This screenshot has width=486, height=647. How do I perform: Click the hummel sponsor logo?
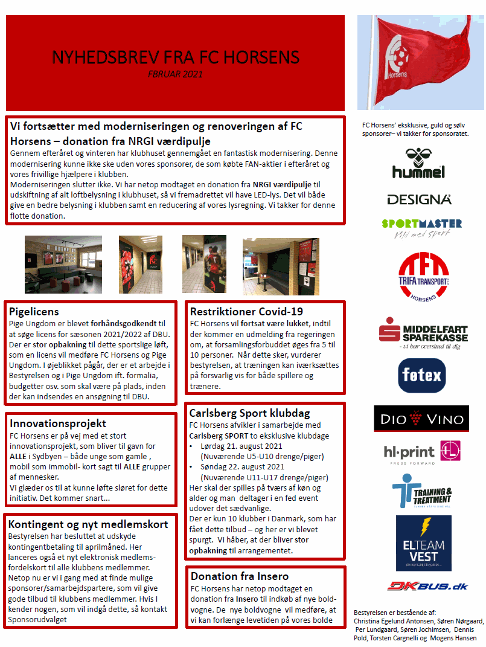(418, 164)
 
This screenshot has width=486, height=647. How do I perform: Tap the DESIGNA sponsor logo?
(419, 199)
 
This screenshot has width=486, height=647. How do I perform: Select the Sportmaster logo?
(421, 228)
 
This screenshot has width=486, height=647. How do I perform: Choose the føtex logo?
(421, 376)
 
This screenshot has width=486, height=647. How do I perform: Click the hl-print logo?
(421, 452)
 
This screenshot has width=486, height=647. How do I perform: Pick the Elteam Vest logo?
(423, 542)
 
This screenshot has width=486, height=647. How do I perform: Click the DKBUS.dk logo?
(419, 585)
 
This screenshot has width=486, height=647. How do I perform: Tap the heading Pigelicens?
(34, 312)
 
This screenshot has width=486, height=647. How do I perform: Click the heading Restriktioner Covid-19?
(246, 312)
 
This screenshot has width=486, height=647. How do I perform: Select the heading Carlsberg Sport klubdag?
(249, 413)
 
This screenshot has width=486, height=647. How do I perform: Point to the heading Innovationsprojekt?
(57, 423)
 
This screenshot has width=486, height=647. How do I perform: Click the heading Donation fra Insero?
(240, 576)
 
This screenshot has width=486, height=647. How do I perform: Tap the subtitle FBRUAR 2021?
(175, 74)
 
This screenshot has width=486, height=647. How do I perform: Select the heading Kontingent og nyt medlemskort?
(88, 524)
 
